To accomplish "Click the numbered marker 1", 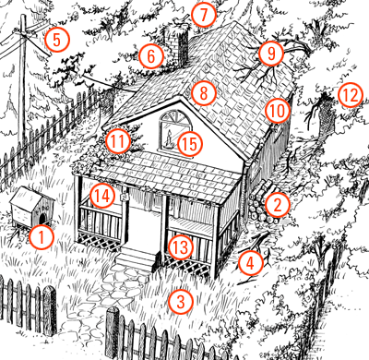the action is point(42,237).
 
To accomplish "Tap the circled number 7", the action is point(203,15).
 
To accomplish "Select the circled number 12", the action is point(351,95).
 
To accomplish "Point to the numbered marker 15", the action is point(190,144).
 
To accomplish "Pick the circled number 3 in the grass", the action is point(181,302).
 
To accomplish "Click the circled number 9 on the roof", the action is point(271,54).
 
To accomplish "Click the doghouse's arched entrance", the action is point(42,219).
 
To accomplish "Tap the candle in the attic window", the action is point(169,140).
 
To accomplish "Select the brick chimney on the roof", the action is point(178,46).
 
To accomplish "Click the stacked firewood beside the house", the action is point(260,203).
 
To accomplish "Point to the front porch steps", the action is point(136,260).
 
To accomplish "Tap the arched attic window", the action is point(174,131).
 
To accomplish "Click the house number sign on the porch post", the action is point(125,197).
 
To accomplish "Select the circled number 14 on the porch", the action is point(102,196).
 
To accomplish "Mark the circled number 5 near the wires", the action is point(57,40).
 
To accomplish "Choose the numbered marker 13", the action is point(181,246).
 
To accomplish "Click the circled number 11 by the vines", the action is point(118,141).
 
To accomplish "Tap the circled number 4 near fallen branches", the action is point(251,263).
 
